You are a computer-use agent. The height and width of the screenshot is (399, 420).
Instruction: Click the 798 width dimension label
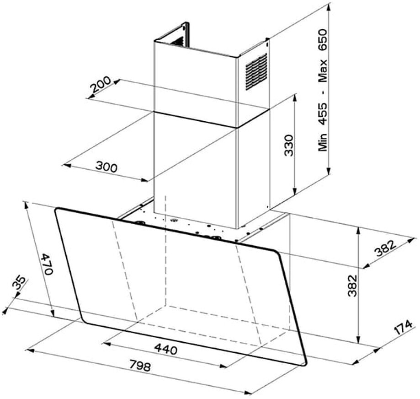(140, 366)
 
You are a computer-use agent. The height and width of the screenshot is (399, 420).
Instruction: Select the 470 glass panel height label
(48, 264)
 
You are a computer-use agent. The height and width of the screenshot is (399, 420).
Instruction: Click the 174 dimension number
(403, 327)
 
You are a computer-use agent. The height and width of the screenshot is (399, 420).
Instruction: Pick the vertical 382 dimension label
(352, 286)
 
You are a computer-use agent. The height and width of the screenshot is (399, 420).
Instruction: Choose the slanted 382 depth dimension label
(385, 248)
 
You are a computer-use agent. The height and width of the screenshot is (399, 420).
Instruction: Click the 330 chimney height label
(289, 146)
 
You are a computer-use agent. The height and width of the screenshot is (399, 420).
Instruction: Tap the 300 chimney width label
(106, 167)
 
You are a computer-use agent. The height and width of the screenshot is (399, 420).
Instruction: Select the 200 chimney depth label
(100, 84)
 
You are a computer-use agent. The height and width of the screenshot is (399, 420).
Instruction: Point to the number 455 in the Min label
(322, 113)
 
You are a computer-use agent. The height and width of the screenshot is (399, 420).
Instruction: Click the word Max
(322, 71)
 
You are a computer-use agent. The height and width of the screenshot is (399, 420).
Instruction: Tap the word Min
(322, 142)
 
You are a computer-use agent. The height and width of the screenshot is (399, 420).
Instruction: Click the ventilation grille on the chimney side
(256, 71)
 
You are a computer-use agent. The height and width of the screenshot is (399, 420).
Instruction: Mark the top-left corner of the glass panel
(56, 210)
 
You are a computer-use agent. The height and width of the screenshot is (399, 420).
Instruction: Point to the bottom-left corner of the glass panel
(83, 320)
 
